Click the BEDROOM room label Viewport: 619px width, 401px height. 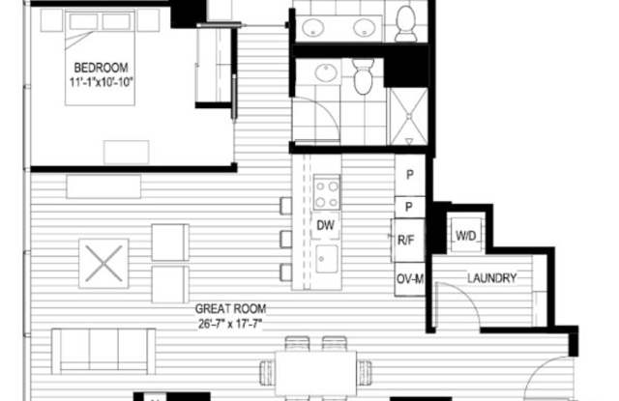tap(101, 68)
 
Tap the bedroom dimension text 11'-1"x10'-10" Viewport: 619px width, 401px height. tap(101, 82)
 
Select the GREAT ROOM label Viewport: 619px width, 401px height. tap(230, 309)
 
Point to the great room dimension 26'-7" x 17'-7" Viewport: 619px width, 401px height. tap(230, 324)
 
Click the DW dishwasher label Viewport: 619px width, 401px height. tap(325, 225)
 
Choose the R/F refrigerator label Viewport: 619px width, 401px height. tap(406, 241)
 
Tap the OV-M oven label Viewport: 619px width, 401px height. tap(410, 279)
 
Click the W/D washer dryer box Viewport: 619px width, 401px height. tap(466, 236)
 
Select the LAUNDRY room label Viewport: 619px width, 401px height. tap(492, 278)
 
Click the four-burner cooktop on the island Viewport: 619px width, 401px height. tap(327, 192)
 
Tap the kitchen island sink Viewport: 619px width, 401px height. tap(327, 259)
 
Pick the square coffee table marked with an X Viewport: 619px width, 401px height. tap(103, 264)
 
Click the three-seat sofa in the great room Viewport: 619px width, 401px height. tap(103, 351)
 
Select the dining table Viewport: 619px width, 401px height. tap(315, 373)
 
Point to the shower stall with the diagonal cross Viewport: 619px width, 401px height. tap(408, 116)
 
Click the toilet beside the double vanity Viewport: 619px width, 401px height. tap(406, 23)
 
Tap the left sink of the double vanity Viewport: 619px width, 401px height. tap(313, 28)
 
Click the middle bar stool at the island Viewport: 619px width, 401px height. tap(286, 240)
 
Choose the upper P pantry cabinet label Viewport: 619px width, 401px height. tap(410, 175)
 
